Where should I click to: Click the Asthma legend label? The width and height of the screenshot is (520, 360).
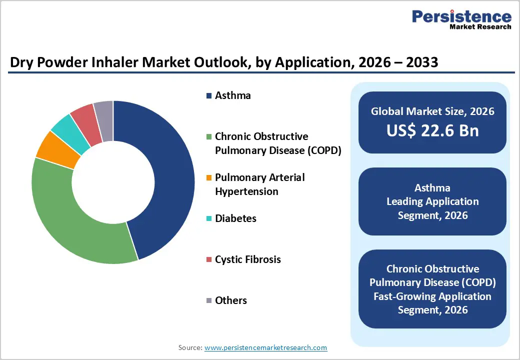232,95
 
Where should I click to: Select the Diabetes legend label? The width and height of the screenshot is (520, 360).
235,218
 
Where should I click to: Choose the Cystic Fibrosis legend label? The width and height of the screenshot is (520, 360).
247,259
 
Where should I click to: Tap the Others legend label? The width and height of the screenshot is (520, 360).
230,300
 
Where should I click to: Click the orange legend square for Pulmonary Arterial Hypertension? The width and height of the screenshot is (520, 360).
208,178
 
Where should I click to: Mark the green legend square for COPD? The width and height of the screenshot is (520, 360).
208,137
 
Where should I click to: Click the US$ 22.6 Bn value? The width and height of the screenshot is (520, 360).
432,130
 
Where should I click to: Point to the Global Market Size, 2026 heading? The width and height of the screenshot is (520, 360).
432,111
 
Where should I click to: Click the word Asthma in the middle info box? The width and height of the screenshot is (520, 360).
432,188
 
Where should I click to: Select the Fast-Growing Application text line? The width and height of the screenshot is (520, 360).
432,296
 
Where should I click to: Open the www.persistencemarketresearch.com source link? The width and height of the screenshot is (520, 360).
266,347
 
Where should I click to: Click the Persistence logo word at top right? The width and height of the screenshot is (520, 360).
461,16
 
